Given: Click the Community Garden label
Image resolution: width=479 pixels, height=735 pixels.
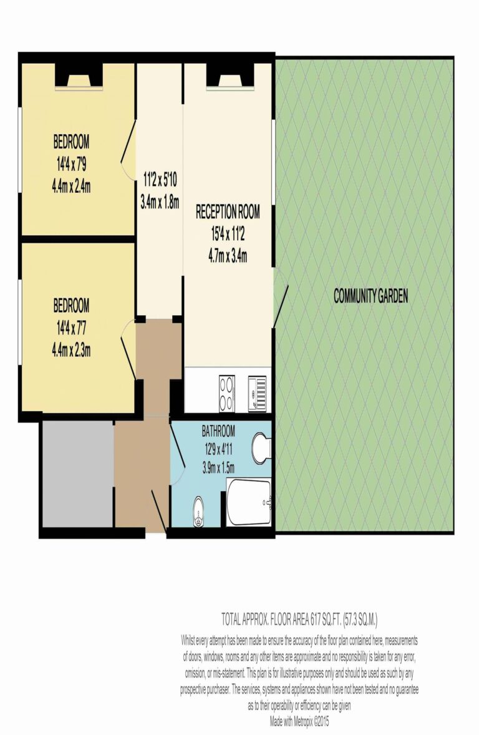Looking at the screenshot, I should click(370, 296).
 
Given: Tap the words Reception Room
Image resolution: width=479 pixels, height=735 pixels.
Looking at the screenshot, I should click(228, 212).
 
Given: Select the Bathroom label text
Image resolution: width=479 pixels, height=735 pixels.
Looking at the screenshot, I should click(218, 431).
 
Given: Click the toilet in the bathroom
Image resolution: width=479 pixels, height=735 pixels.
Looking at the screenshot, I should click(262, 447).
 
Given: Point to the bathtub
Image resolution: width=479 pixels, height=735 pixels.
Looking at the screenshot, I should click(249, 503).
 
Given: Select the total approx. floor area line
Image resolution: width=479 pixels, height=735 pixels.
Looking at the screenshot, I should click(299, 619).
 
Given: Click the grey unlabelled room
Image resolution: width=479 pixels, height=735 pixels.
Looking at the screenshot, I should click(76, 474).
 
